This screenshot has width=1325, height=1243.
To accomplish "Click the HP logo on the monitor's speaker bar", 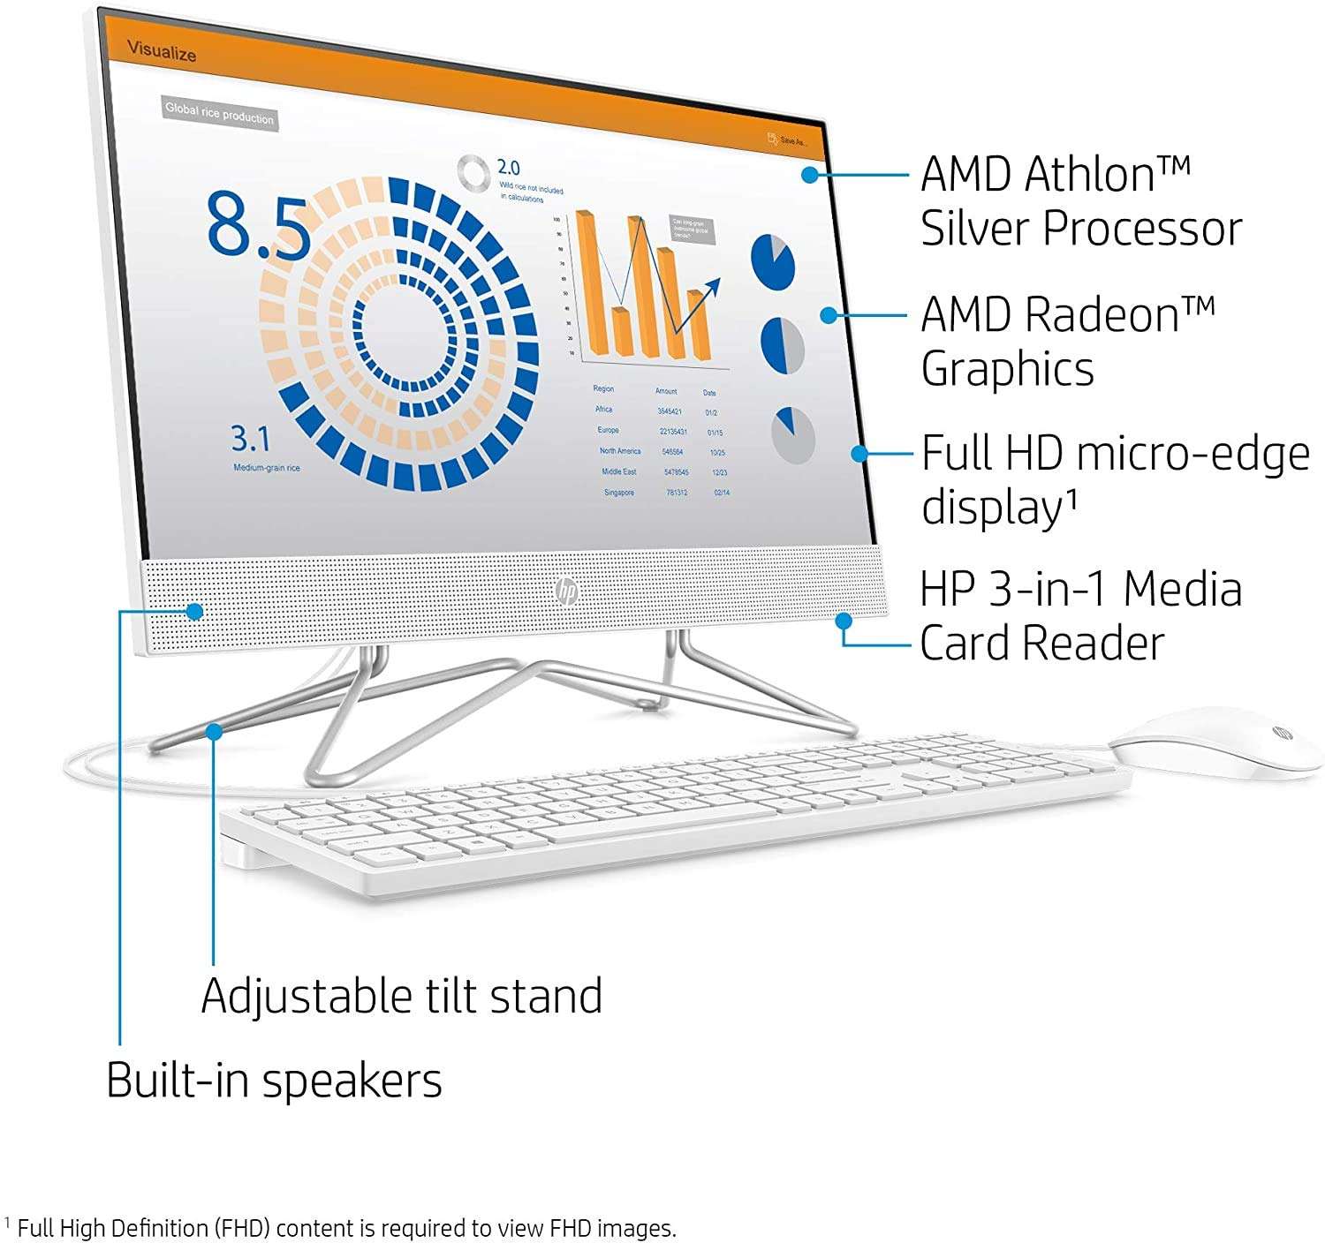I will coord(566,591).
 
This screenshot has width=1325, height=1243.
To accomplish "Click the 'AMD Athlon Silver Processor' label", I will coord(1080,201).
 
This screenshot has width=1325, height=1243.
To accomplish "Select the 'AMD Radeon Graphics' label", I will coord(1067,342).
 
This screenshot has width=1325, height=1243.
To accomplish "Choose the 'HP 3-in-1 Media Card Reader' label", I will coord(1080,616).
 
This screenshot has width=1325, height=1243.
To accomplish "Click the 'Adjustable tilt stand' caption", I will coord(402,996).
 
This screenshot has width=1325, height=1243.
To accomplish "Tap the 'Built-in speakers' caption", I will coord(274,1081).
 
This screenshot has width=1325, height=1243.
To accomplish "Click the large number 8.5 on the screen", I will coord(258,227).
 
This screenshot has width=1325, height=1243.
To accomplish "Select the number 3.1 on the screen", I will coord(251,439).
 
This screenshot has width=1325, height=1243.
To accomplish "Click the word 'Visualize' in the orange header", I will coord(162,51).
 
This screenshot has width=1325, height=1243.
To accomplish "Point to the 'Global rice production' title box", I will coord(220,114).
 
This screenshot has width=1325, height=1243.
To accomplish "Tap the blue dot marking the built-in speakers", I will coord(195,611).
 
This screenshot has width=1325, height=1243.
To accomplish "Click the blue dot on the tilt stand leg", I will coord(214,730).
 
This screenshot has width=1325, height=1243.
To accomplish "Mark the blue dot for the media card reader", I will coord(844,620).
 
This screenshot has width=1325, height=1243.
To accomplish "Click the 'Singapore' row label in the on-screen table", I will coord(619,493).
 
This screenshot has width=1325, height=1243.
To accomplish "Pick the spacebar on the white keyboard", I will coord(618,831).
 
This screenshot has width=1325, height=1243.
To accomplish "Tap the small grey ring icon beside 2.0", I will coord(474,173).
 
